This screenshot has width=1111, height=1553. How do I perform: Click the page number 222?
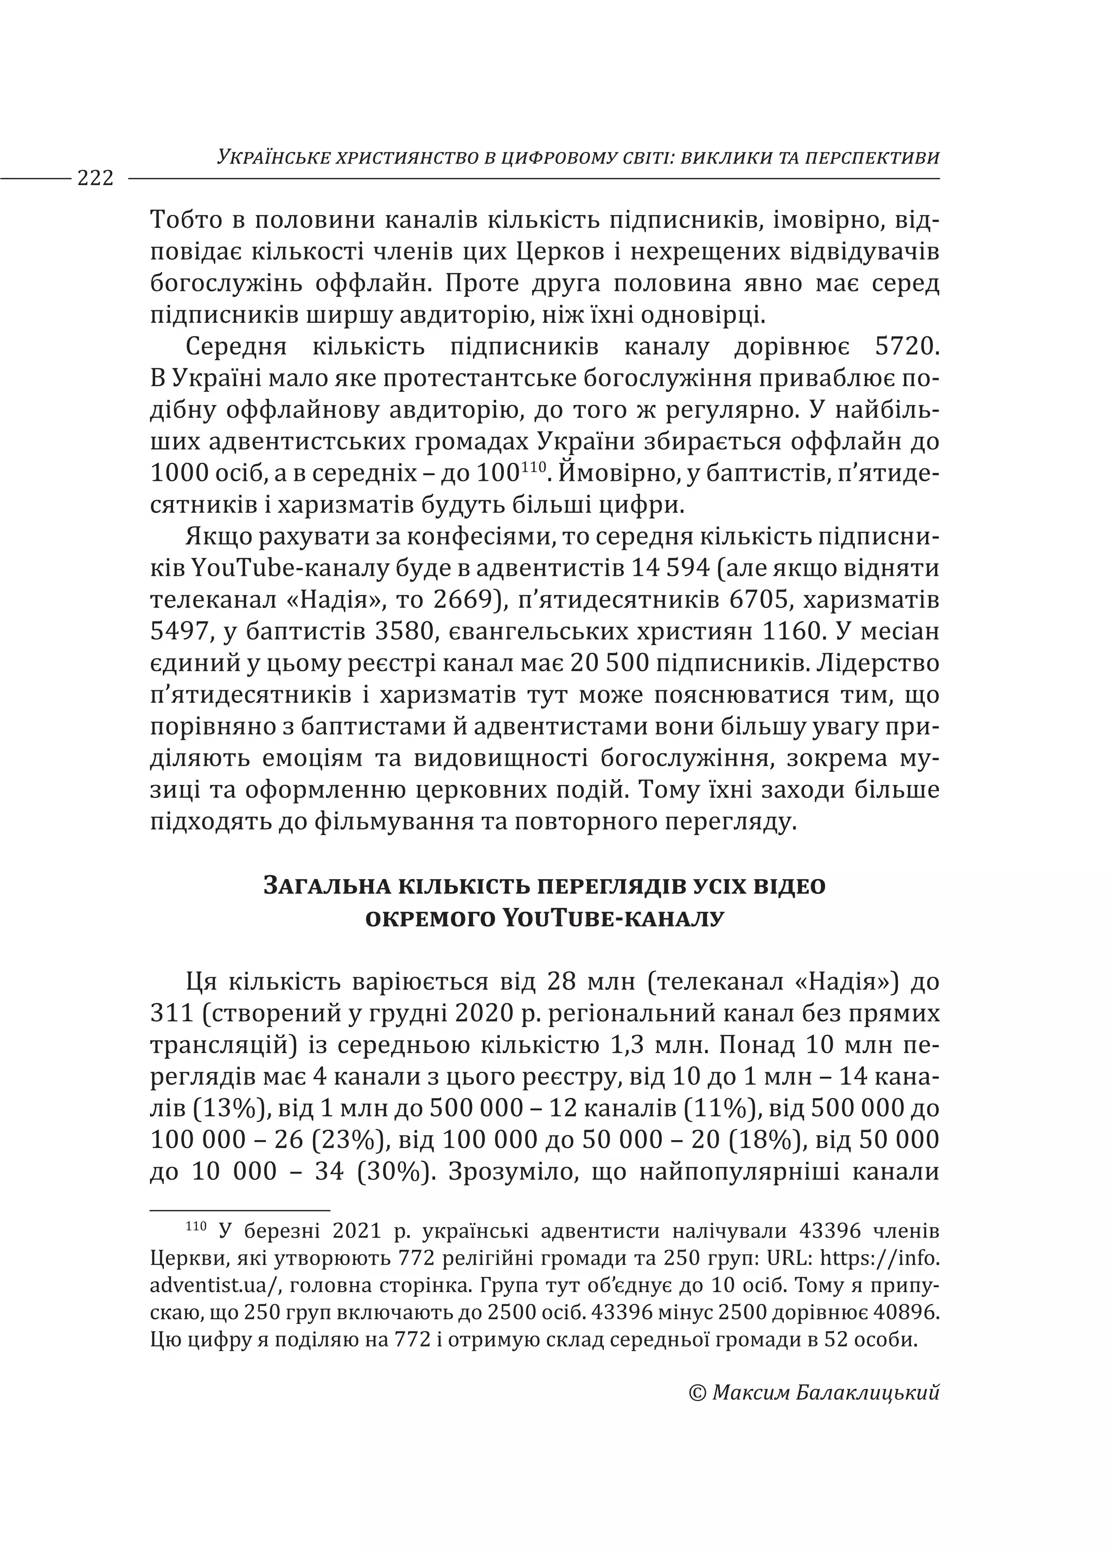coord(95,179)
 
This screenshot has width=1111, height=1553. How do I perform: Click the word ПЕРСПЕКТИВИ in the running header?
coord(871,158)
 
